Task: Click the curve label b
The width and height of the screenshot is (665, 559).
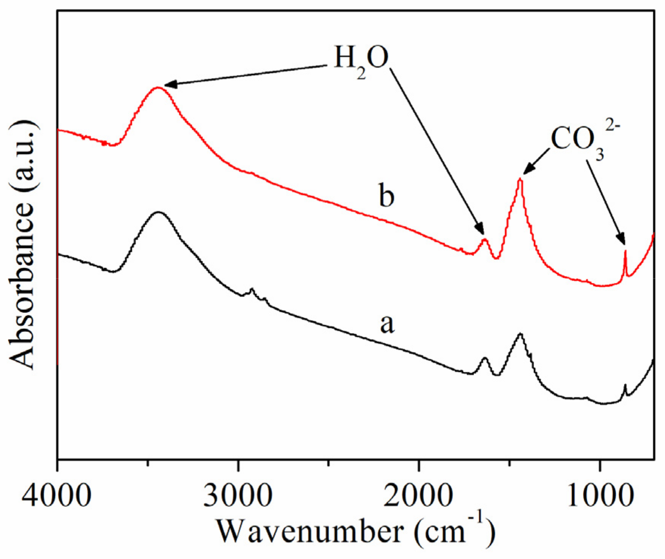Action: click(387, 196)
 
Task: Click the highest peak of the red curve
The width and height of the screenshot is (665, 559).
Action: click(158, 88)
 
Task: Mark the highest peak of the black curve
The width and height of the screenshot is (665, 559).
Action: click(158, 212)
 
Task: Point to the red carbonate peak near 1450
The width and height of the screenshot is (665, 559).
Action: click(520, 179)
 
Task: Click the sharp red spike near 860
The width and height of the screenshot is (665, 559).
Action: click(625, 251)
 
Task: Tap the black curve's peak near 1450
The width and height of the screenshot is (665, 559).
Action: click(520, 334)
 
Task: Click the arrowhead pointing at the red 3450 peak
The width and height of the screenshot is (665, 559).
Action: click(167, 85)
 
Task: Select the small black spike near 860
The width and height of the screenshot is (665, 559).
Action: click(625, 385)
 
